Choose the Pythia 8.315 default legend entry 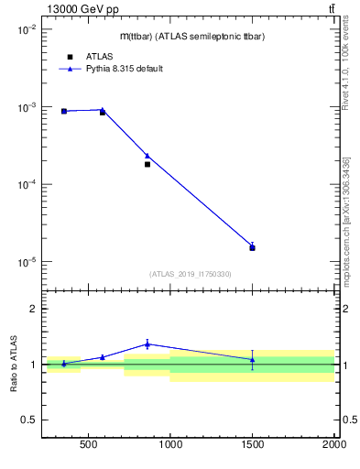click(x=124, y=69)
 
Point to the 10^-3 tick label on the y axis click(x=26, y=107)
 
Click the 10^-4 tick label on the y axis click(x=26, y=185)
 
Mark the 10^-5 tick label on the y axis click(x=26, y=262)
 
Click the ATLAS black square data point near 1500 click(x=252, y=247)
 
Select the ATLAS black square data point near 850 click(x=147, y=164)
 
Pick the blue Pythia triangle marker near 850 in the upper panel click(x=147, y=156)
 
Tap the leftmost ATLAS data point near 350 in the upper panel click(x=64, y=111)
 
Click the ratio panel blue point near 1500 click(x=252, y=359)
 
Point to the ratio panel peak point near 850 click(x=147, y=344)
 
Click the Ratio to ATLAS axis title click(x=13, y=365)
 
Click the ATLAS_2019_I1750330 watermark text click(x=190, y=274)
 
